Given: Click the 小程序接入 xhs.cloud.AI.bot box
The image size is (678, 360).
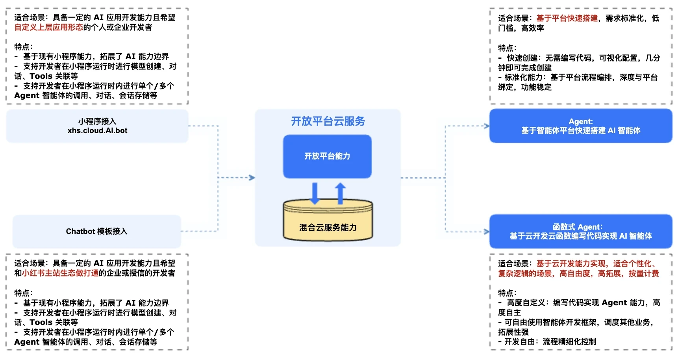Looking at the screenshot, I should point(97,126).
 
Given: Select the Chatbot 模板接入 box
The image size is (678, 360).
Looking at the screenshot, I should point(97,231).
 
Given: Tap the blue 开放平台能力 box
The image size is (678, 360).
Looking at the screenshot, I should point(327,156).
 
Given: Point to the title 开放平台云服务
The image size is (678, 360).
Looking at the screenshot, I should point(328,121).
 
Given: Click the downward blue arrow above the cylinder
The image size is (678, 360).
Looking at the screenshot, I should point(315,193).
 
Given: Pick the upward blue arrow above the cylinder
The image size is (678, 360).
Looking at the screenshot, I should point(341,193).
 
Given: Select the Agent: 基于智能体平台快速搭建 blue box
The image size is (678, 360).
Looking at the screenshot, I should point(581,126).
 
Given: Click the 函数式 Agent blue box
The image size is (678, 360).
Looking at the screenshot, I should point(581,232).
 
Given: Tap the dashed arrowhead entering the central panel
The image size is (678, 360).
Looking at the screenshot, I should point(252,178).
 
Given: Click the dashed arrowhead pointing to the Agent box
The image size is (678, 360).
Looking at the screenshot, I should point(487,126).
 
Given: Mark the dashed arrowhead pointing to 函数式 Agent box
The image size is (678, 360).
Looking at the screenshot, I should point(487,232).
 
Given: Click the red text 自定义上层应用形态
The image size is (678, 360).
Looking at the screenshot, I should point(49,27).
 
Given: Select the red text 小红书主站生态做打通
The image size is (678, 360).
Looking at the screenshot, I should point(60,273).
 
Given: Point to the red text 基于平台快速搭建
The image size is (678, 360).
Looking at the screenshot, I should point(567,18).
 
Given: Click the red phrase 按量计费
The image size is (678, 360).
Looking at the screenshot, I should point(644,273).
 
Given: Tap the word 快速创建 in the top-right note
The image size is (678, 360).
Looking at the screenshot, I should point(522,58).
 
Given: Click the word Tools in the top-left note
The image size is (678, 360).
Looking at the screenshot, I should point(41,76).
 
